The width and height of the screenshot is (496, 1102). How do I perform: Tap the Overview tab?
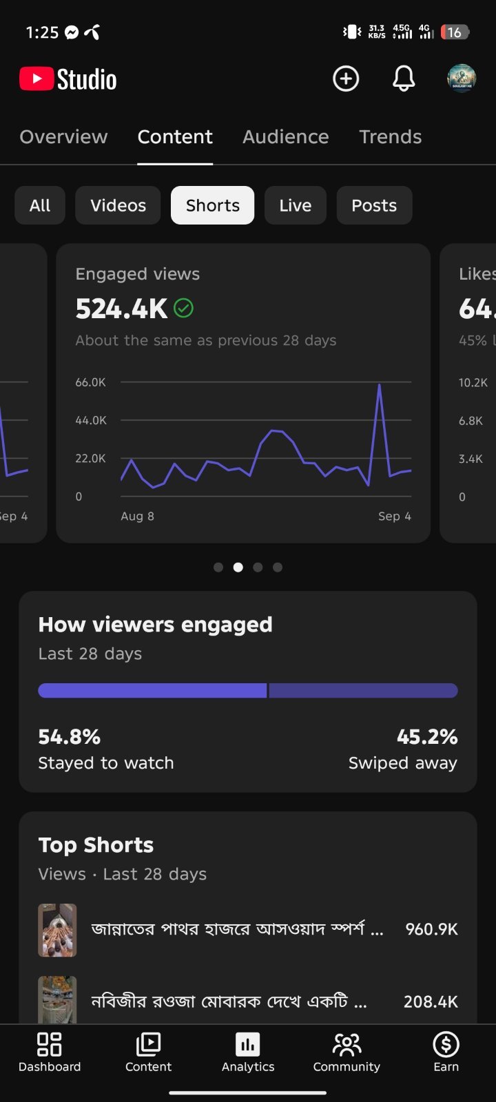63,137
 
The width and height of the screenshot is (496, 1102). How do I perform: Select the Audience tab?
285,137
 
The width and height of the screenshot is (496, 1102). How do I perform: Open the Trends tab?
390,137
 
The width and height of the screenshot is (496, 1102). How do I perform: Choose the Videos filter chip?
118,205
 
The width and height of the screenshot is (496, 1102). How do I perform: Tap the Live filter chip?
296,205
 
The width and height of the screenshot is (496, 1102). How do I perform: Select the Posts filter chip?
374,205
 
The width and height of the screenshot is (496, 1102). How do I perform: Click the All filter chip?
40,205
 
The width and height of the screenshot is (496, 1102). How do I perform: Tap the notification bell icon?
404,79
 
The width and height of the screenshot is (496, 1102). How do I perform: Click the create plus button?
346,79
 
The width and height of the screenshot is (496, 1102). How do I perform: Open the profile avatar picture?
462,79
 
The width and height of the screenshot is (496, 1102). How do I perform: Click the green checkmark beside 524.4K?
183,309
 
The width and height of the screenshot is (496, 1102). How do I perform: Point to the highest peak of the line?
380,385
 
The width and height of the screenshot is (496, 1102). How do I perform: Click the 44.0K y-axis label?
90,420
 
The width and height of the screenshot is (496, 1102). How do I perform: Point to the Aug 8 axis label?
137,516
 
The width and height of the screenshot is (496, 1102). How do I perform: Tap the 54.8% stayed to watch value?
70,737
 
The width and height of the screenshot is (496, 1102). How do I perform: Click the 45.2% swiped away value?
427,737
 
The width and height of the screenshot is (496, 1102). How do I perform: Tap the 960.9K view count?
431,929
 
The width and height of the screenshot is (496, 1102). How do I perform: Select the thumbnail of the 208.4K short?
58,999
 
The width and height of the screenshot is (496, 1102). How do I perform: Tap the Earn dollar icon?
446,1044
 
